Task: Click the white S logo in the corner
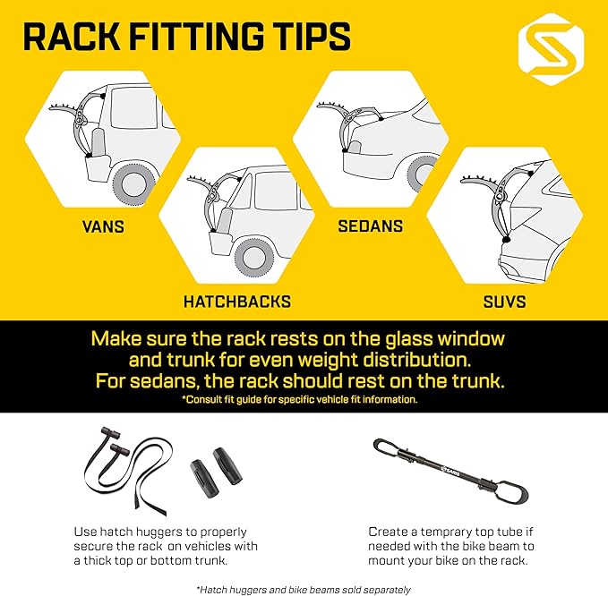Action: point(551,49)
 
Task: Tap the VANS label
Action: point(103,226)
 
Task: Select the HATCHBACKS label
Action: point(237,302)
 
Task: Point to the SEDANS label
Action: point(371,226)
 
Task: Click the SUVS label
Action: point(504,302)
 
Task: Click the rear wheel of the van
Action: point(133,184)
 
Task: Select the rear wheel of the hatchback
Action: point(254,258)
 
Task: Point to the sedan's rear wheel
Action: point(424,174)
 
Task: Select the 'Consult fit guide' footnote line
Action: point(300,399)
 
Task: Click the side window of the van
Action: point(133,107)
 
